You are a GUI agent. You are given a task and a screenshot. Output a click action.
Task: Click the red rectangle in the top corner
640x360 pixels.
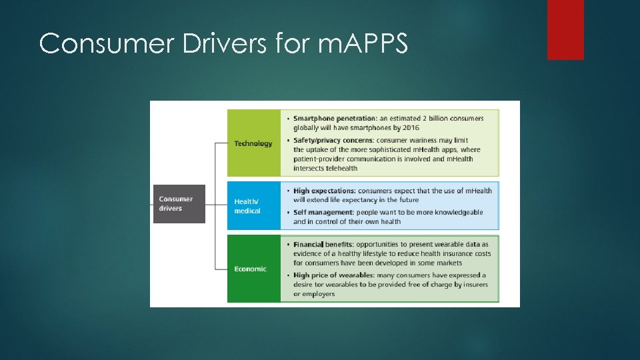(565, 29)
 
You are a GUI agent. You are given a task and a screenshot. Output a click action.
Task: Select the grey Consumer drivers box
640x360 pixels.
(179, 203)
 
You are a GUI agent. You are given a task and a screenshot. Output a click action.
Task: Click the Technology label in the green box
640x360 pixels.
(253, 143)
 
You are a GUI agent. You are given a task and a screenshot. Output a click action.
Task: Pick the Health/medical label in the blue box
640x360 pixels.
(247, 206)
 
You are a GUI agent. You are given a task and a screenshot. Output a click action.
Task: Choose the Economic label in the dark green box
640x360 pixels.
(250, 269)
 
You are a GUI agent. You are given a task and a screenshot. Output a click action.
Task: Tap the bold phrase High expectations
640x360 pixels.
(323, 191)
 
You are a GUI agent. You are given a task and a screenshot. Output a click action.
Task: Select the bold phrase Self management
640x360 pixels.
(323, 212)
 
